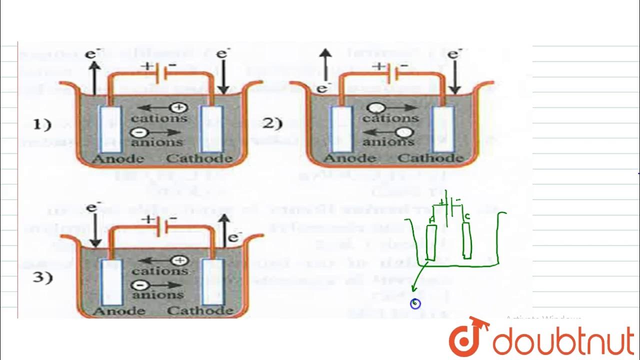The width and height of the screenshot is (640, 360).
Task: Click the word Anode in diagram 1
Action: coord(118,159)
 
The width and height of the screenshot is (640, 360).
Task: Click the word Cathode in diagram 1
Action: coord(199,159)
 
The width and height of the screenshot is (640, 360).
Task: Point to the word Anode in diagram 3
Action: coord(118,311)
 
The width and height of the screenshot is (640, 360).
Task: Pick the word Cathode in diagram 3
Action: coord(200,311)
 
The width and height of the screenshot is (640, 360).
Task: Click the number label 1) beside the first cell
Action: coord(42,124)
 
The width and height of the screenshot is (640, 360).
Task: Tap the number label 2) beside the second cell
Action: coord(272,123)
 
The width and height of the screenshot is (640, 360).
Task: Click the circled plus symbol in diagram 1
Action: coord(178,107)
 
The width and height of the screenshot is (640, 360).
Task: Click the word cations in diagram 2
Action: coord(390,118)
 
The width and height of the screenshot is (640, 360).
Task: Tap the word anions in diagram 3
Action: coord(157,295)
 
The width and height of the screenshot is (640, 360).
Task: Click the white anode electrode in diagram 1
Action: coord(107,129)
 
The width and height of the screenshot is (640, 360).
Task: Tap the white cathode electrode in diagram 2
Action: coord(443,129)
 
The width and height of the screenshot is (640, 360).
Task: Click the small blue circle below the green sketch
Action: coord(415,303)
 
